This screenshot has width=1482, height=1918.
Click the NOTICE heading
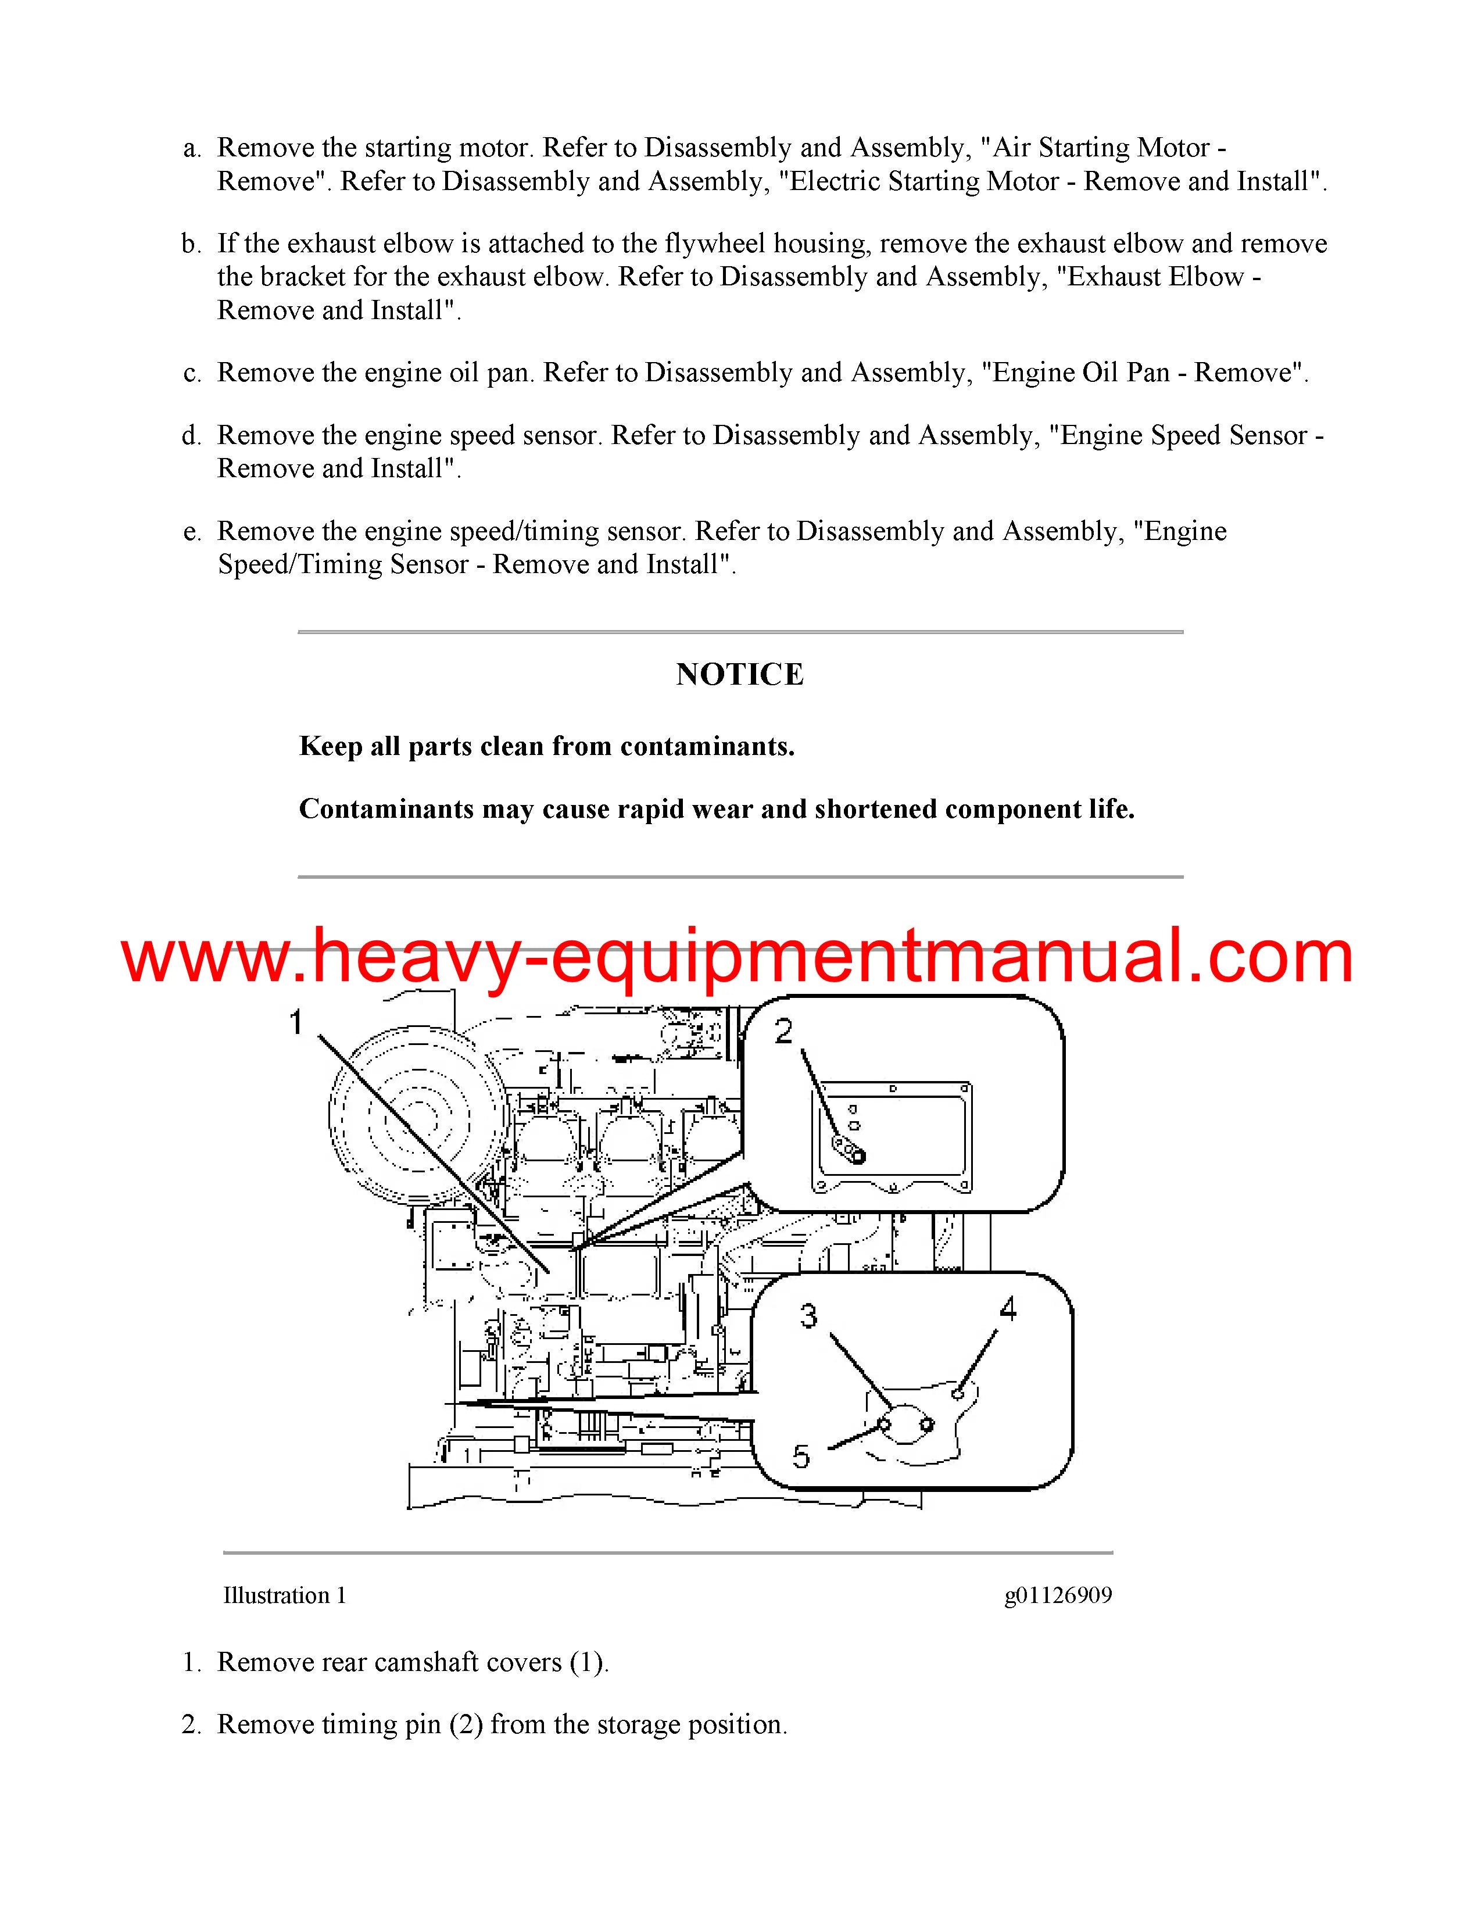[740, 674]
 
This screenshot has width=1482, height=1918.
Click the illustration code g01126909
[1058, 1595]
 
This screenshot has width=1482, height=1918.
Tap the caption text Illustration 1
[284, 1595]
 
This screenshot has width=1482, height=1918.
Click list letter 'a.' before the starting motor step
[192, 148]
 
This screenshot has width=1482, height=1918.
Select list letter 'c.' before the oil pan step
[192, 374]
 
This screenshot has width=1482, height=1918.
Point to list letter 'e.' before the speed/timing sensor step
[192, 532]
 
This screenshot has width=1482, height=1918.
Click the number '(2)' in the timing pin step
[466, 1725]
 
